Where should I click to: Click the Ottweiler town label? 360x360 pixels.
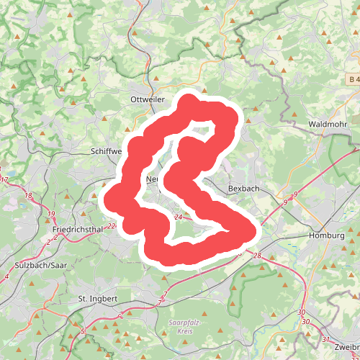click(x=148, y=99)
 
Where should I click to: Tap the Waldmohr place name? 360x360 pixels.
click(x=328, y=124)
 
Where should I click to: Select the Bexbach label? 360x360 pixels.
click(x=243, y=188)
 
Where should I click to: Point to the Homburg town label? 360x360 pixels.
click(x=326, y=235)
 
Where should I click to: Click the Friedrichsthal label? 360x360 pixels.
click(x=76, y=229)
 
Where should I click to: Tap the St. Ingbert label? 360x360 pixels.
click(x=97, y=297)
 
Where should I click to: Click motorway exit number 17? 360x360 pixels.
click(x=4, y=179)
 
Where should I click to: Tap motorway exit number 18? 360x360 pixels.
click(x=29, y=197)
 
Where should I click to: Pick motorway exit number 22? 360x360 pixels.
click(x=110, y=226)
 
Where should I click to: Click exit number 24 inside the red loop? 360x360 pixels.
click(x=178, y=217)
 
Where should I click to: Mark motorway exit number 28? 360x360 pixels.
click(x=258, y=256)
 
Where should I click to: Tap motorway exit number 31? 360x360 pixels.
click(x=325, y=339)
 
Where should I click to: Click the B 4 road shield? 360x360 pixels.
click(x=352, y=78)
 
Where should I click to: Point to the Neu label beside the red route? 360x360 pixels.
click(x=152, y=179)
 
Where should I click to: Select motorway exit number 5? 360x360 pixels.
click(x=83, y=331)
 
